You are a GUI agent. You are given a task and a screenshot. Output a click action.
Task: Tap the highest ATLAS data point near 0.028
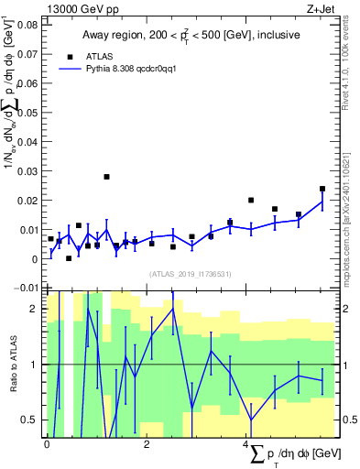pos(106,177)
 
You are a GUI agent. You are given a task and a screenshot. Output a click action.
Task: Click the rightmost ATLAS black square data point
pos(322,189)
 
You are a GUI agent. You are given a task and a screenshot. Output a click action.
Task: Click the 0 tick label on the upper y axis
pos(36,259)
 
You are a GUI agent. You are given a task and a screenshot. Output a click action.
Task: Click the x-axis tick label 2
pos(147,444)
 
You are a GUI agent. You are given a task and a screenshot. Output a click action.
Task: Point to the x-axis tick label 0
pos(47,444)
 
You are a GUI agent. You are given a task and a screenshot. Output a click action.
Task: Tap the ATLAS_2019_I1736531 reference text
pos(188,273)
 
